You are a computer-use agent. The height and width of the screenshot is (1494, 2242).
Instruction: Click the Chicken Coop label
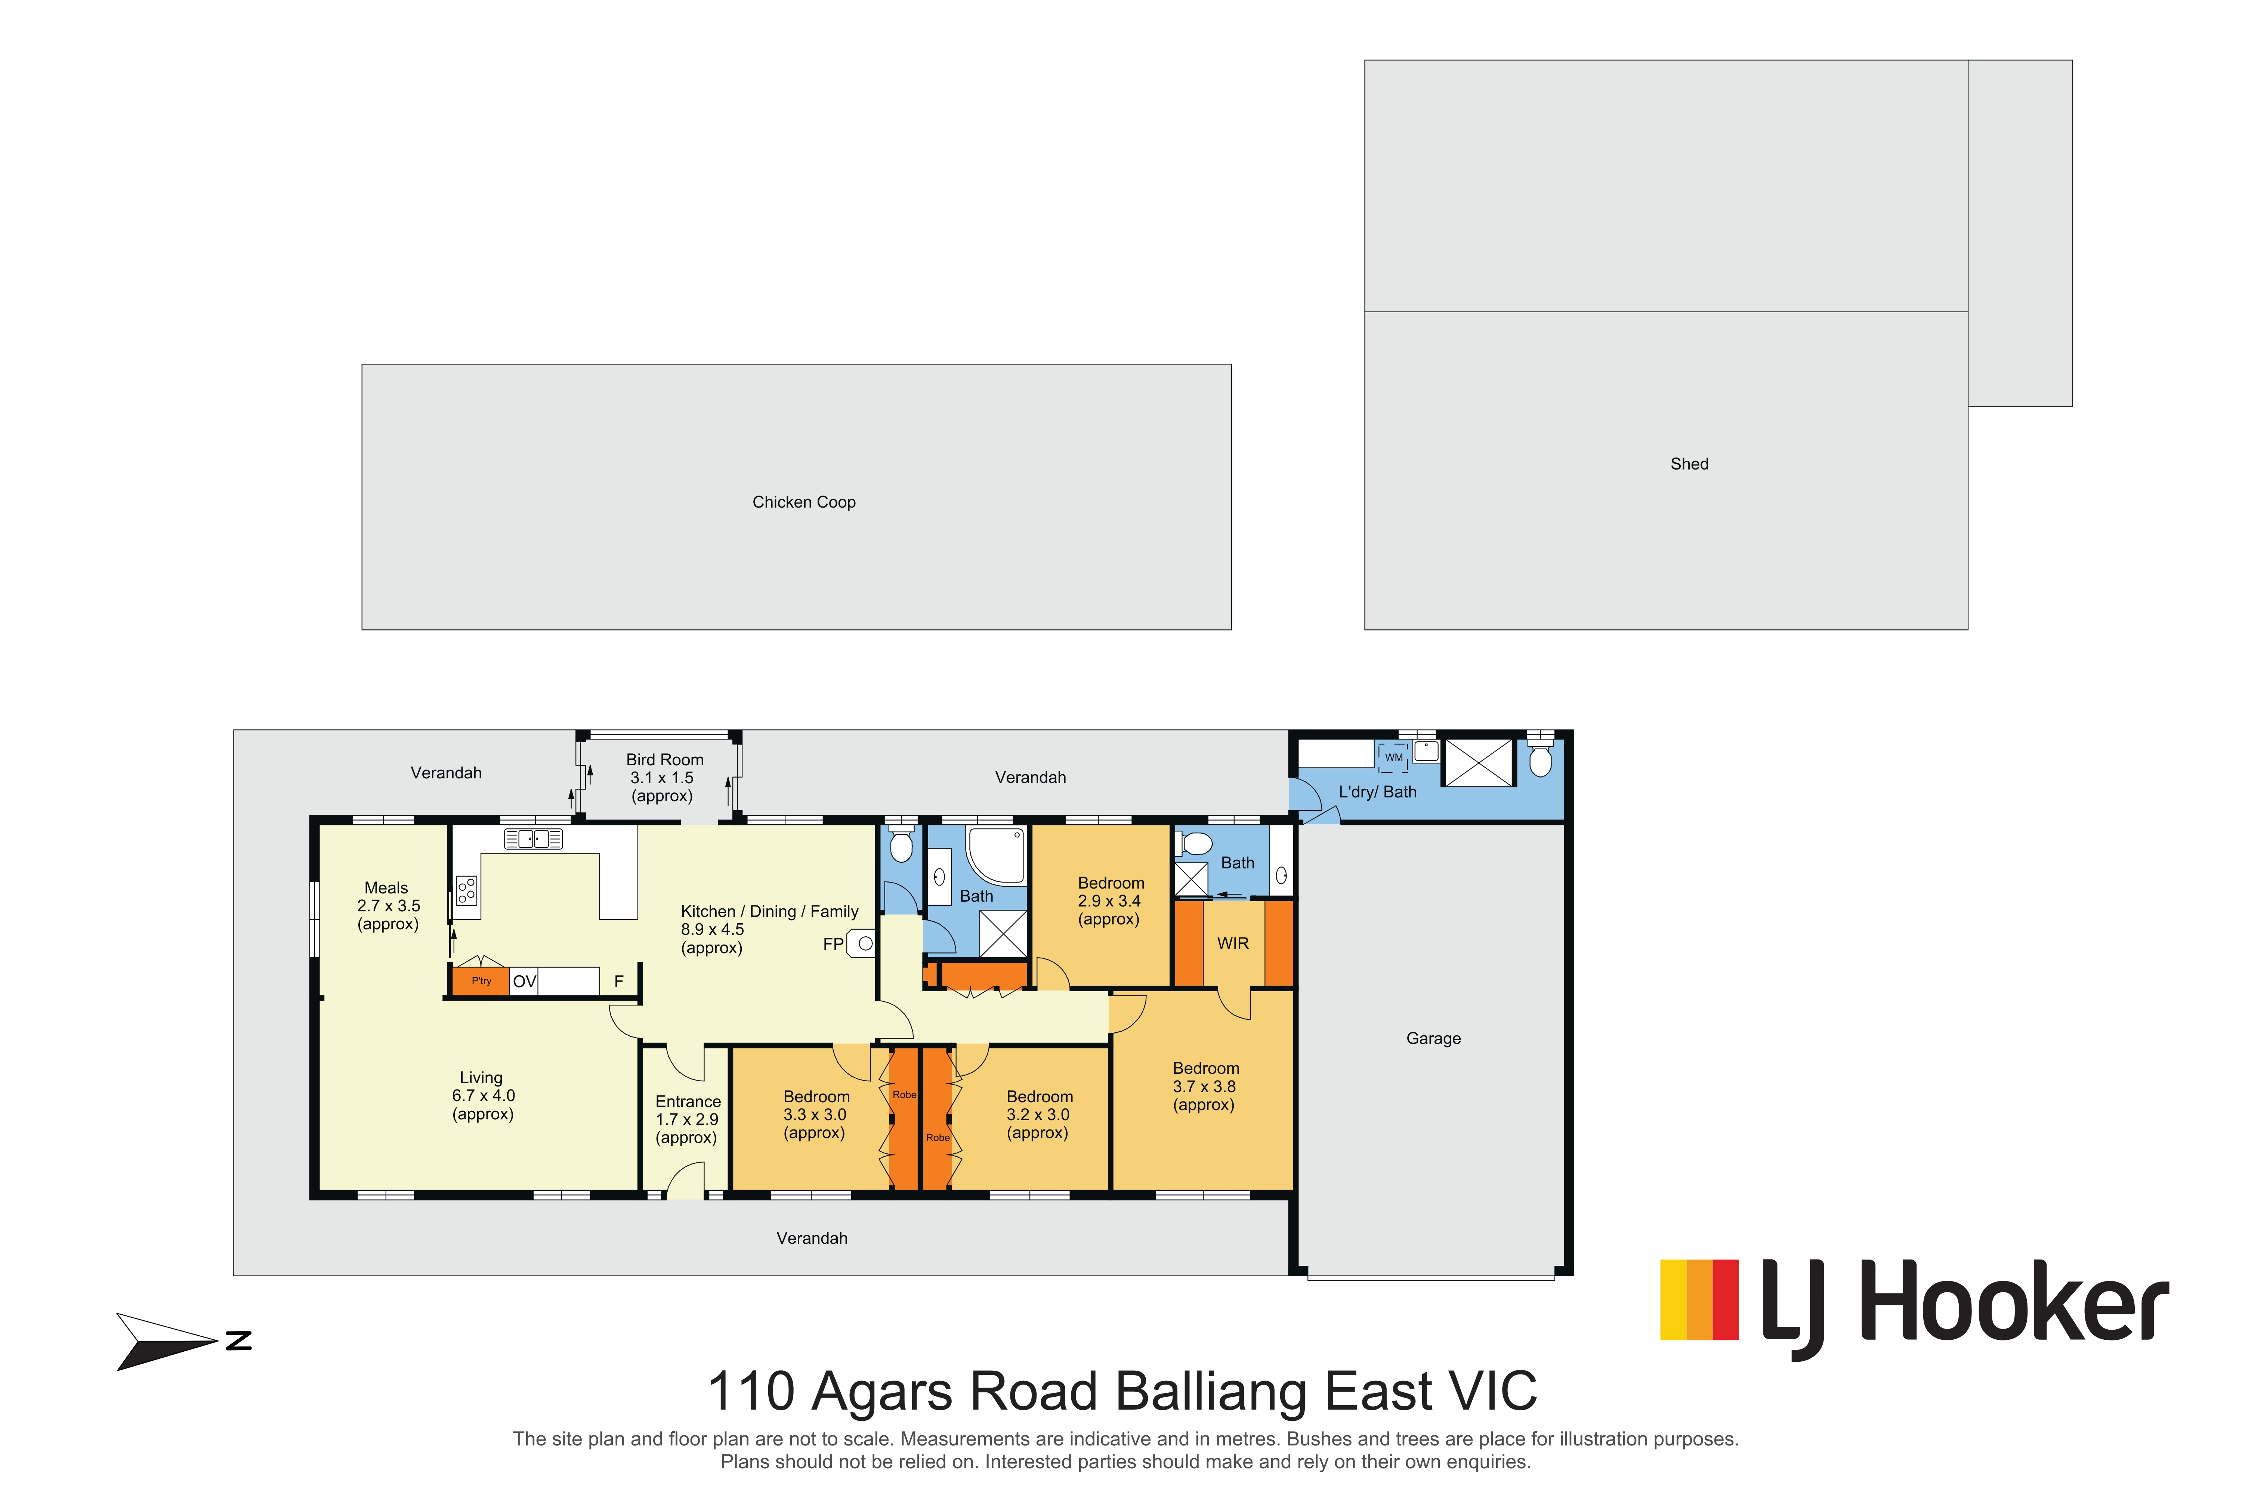coord(804,502)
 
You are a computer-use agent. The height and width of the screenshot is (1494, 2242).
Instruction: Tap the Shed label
coord(1689,464)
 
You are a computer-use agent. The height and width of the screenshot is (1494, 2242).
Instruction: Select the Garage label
coord(1433,1039)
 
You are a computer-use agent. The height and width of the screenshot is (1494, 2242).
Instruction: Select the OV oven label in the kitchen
coord(524,982)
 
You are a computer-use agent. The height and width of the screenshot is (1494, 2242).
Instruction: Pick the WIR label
coord(1232,943)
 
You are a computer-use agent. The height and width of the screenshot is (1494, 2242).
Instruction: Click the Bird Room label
coord(664,759)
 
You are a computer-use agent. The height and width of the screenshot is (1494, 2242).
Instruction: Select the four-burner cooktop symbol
coord(466,891)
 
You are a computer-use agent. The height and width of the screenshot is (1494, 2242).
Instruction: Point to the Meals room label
coord(386,888)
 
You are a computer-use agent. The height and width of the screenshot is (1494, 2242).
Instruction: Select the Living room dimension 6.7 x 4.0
coord(483,1096)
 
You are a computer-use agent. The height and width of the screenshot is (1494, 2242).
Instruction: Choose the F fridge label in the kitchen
coord(619,982)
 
